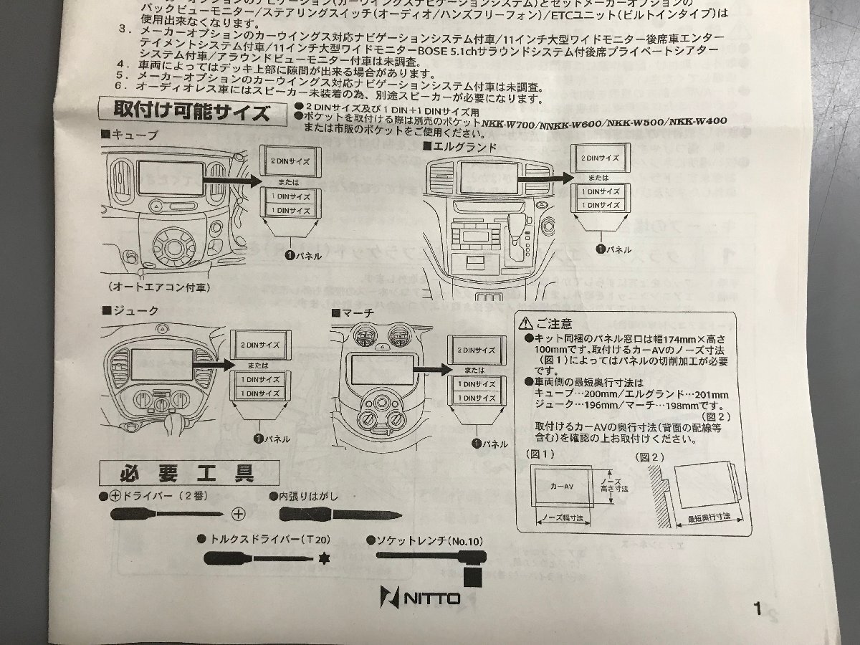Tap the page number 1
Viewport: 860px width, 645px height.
pos(758,610)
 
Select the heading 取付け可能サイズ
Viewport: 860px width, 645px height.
pos(192,113)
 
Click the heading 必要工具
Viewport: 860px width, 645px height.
pos(188,474)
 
